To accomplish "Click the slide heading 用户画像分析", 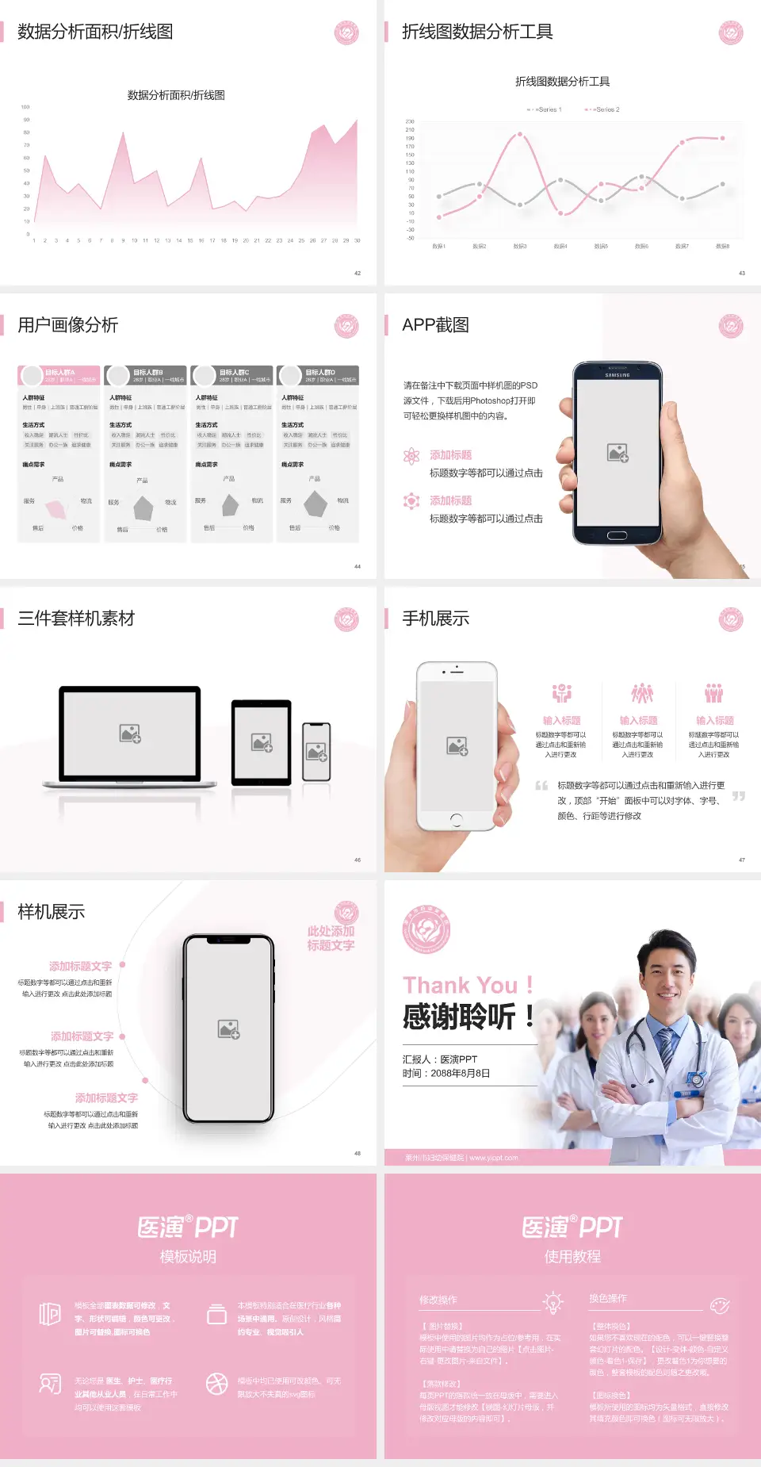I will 68,325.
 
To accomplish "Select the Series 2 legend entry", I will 603,109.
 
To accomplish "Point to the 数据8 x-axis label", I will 722,247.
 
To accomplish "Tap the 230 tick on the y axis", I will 410,121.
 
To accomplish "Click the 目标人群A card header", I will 59,375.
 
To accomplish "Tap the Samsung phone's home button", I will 617,536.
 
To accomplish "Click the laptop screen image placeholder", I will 130,733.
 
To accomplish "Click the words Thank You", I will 460,986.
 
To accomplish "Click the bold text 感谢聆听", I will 460,1017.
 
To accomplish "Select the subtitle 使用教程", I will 572,1257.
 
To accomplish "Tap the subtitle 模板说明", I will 188,1257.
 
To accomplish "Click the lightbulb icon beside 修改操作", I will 553,1302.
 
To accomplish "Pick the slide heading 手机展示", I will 436,619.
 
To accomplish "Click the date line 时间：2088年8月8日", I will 446,1074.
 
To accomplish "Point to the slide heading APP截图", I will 436,325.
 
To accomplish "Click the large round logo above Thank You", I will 426,929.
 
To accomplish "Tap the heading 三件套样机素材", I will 76,619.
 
